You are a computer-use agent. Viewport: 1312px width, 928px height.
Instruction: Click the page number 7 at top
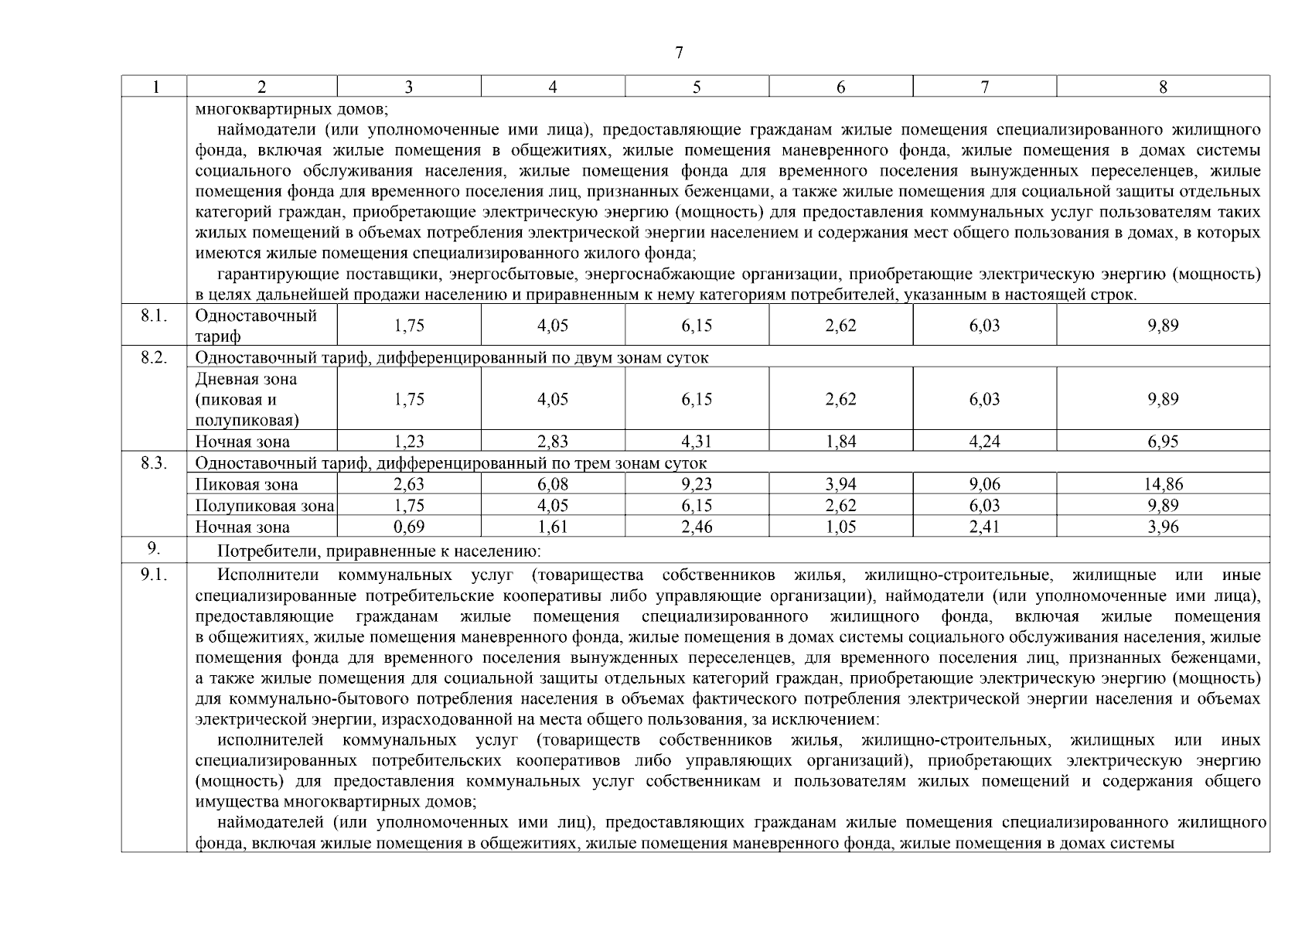pyautogui.click(x=678, y=53)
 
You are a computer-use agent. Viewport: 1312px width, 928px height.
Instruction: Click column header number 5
pyautogui.click(x=697, y=87)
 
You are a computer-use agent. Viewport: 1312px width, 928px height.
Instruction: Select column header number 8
pyautogui.click(x=1163, y=87)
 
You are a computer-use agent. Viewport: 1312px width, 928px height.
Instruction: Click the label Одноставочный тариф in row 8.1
pyautogui.click(x=256, y=326)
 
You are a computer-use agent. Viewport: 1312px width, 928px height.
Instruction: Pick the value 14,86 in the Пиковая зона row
pyautogui.click(x=1163, y=485)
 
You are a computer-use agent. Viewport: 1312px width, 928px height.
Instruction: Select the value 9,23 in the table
pyautogui.click(x=697, y=485)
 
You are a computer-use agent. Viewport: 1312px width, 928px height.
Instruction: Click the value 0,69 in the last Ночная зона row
pyautogui.click(x=408, y=527)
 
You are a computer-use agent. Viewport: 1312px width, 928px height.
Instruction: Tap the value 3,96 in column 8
pyautogui.click(x=1163, y=527)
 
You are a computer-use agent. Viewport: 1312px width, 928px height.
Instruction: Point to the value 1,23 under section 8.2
pyautogui.click(x=408, y=442)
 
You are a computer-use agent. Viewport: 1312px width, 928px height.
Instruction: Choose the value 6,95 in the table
pyautogui.click(x=1163, y=442)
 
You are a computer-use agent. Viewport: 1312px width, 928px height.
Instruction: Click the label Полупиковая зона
pyautogui.click(x=264, y=507)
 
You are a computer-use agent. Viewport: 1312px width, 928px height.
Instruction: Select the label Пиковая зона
pyautogui.click(x=246, y=485)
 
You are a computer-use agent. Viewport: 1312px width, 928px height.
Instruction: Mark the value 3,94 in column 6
pyautogui.click(x=840, y=485)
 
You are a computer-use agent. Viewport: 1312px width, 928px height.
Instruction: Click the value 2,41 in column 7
pyautogui.click(x=984, y=527)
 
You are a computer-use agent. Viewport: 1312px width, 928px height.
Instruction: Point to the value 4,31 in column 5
pyautogui.click(x=697, y=442)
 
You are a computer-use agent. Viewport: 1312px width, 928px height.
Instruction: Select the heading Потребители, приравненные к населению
pyautogui.click(x=379, y=551)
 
